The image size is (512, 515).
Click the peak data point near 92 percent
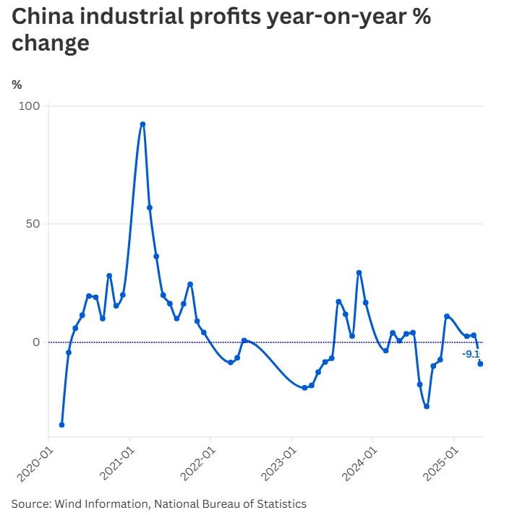(x=142, y=124)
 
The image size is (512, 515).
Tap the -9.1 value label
(x=471, y=354)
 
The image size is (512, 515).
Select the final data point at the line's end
(x=480, y=364)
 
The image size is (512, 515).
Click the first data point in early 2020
(x=61, y=425)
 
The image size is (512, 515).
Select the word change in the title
(x=51, y=43)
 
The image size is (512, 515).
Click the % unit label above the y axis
(x=17, y=85)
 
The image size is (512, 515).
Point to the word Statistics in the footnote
(x=281, y=503)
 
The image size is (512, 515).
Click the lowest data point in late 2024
(x=427, y=406)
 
